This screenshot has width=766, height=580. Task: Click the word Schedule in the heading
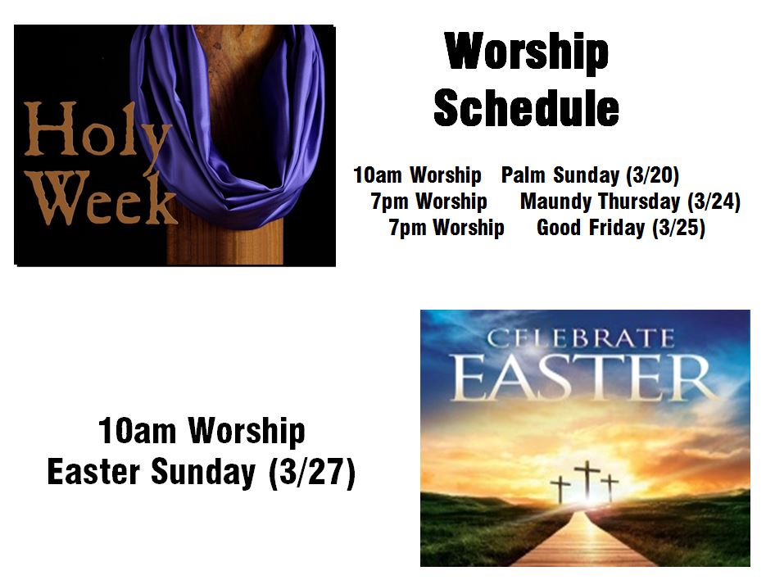pos(526,107)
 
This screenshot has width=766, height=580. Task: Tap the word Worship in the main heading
pos(527,52)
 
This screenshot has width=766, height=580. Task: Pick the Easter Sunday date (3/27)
pos(311,472)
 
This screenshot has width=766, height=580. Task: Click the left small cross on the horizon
pos(560,489)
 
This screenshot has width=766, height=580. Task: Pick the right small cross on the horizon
pos(610,487)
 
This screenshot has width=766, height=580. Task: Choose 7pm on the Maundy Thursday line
pos(389,202)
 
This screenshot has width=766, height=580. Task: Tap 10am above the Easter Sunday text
pos(137,431)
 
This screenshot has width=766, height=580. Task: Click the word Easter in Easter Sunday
pos(93,472)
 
